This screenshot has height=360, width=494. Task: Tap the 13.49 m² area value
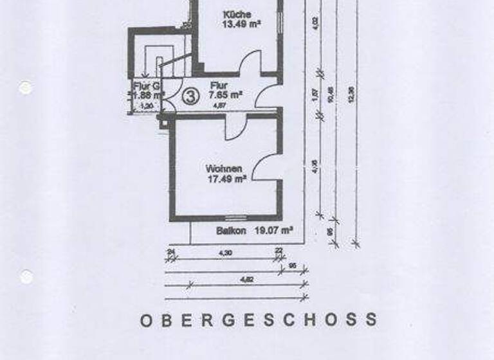(237, 25)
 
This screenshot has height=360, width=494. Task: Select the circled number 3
(190, 96)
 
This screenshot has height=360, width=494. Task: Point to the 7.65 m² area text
(226, 94)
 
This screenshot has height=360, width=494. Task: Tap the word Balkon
(229, 230)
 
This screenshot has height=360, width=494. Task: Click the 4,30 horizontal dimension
(225, 253)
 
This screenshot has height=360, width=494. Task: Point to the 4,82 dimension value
(245, 280)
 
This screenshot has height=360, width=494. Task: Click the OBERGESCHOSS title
(259, 319)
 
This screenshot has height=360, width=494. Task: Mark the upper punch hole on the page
(25, 87)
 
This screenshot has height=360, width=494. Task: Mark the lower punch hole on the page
(26, 276)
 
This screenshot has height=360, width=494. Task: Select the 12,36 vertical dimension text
(351, 93)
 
